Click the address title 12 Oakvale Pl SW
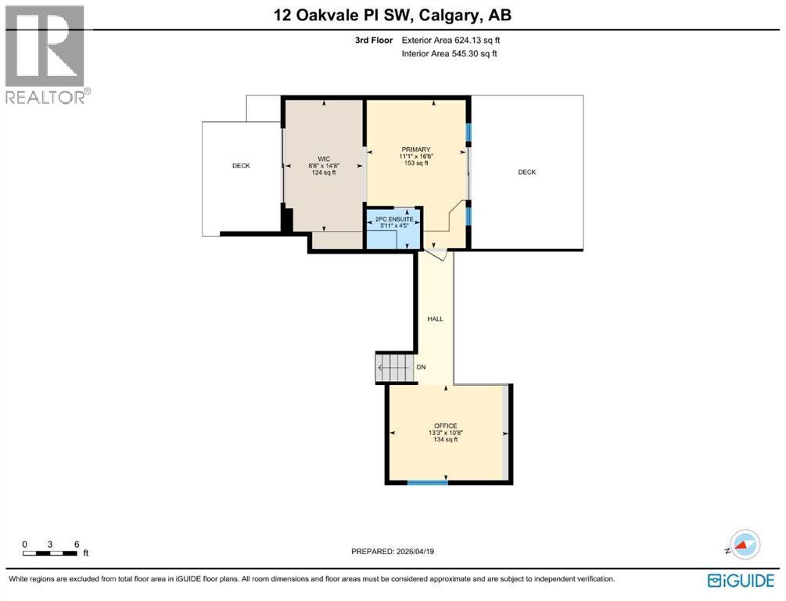coord(393,15)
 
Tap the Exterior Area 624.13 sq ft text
coord(449,39)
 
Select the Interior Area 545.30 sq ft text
coord(449,54)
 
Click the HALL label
coord(435,319)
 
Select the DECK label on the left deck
coord(241,166)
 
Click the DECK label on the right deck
coord(527,172)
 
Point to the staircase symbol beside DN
coord(393,368)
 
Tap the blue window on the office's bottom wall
coord(428,482)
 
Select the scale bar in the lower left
coord(50,553)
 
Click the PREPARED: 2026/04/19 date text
coord(393,552)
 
